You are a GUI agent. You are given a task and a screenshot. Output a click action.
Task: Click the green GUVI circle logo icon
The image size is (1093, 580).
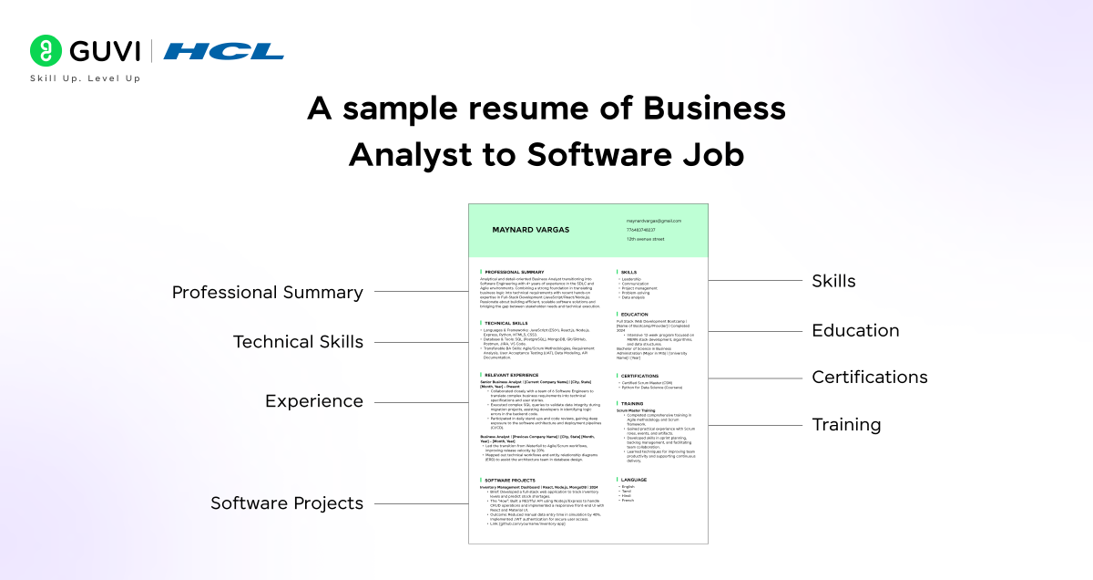45,51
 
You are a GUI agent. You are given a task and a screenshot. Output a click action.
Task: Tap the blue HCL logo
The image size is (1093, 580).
223,51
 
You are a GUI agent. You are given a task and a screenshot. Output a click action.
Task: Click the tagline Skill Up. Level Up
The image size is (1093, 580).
86,78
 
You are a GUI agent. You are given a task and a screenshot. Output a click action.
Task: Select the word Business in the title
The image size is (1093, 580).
714,109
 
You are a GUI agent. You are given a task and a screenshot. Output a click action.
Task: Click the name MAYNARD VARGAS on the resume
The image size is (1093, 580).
530,230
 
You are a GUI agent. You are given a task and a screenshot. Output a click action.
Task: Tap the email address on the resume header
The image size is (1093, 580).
653,221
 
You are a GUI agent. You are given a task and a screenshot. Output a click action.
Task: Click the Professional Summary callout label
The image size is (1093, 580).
268,293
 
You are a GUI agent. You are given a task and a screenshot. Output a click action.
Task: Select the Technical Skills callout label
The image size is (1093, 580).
298,342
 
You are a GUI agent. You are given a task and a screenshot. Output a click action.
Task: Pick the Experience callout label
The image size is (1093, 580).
314,401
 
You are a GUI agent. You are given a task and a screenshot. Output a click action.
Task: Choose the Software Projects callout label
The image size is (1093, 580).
287,503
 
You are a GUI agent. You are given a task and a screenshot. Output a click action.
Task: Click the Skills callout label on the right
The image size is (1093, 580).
833,281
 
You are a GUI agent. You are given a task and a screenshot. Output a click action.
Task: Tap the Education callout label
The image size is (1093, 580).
855,330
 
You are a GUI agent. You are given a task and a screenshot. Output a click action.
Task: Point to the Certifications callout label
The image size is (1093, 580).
870,377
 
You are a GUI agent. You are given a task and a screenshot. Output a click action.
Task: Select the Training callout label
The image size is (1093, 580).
846,424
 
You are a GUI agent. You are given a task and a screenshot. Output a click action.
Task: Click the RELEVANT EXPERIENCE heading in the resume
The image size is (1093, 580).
511,375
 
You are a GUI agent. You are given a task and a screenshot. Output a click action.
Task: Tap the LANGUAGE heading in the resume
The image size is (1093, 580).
634,479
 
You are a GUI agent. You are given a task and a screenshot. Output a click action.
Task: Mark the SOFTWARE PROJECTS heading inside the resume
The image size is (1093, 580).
509,480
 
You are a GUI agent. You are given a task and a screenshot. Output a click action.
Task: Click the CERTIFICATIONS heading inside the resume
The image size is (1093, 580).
640,376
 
